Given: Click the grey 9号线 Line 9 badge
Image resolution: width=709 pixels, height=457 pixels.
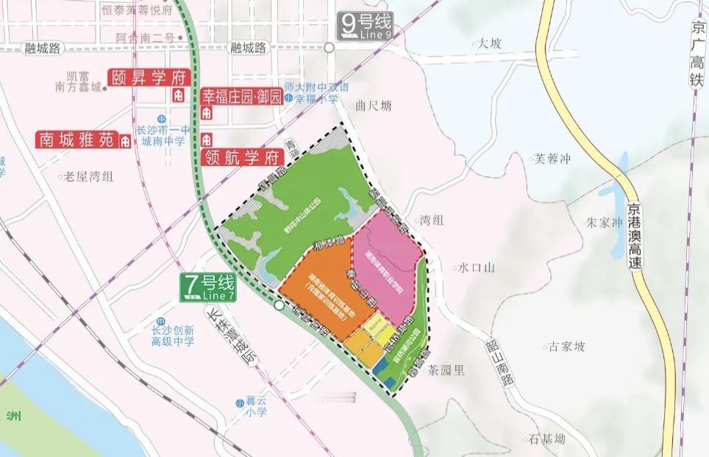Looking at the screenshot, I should click(365, 26).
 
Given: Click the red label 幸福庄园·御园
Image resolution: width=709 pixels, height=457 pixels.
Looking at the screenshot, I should click(241, 96).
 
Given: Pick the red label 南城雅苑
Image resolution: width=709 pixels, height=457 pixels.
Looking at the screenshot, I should click(76, 139).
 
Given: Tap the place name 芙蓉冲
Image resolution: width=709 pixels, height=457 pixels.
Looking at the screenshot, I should click(552, 158).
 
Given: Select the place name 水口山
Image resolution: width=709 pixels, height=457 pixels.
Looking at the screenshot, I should click(474, 268).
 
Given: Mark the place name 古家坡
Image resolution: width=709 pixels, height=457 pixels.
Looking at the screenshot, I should click(565, 346).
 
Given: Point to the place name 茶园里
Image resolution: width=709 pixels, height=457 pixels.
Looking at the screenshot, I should click(447, 370).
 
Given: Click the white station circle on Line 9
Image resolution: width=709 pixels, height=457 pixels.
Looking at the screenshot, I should click(329, 47).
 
